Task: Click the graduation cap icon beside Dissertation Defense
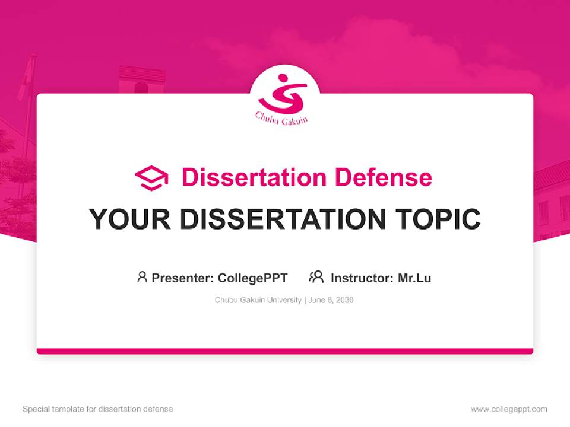click(151, 178)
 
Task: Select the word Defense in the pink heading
click(384, 177)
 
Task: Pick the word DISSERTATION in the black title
click(283, 219)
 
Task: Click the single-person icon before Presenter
click(142, 277)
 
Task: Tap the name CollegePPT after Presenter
click(253, 278)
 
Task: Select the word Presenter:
click(183, 278)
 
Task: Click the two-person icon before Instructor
click(316, 277)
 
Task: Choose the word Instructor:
click(362, 278)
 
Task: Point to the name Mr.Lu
click(415, 278)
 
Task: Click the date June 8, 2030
click(331, 300)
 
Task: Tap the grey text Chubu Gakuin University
click(258, 300)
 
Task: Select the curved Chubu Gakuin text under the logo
click(281, 119)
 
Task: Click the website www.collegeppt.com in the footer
click(509, 409)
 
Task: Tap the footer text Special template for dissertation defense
click(97, 409)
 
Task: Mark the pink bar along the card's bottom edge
click(285, 351)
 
